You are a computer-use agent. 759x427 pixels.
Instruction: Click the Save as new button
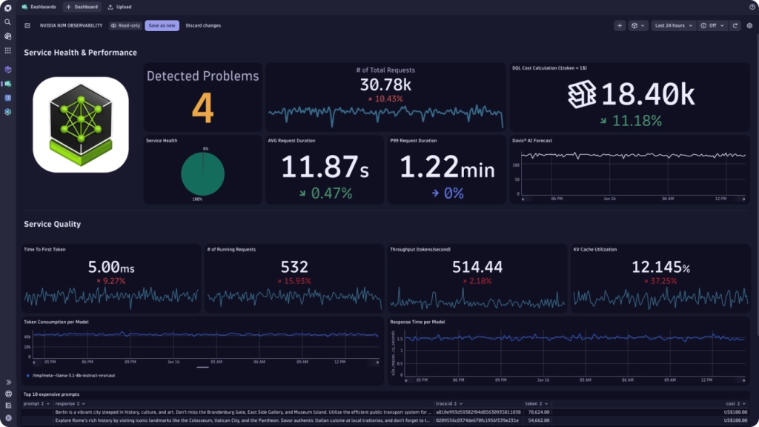pos(162,25)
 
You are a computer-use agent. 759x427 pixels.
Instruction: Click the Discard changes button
pos(203,25)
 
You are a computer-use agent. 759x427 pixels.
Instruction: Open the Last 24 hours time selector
pos(673,25)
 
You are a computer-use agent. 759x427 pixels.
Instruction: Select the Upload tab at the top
pos(120,7)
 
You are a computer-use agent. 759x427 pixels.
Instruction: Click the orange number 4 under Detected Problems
pos(202,108)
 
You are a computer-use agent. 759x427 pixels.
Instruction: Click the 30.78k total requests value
pos(385,85)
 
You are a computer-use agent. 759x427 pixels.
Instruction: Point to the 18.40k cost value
pos(647,94)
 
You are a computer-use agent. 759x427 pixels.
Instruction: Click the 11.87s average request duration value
pos(325,168)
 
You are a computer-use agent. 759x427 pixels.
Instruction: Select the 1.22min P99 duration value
pos(447,168)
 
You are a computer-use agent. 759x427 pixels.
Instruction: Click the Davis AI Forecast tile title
pos(531,140)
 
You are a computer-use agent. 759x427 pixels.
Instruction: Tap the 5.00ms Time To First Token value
pos(110,267)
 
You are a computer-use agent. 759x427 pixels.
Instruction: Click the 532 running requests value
pos(294,267)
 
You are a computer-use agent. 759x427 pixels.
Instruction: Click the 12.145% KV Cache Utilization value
pos(660,267)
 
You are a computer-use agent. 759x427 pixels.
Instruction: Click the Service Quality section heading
pos(52,224)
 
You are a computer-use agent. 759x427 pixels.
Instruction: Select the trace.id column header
pos(444,404)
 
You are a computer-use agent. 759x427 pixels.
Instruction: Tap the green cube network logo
pos(80,125)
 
